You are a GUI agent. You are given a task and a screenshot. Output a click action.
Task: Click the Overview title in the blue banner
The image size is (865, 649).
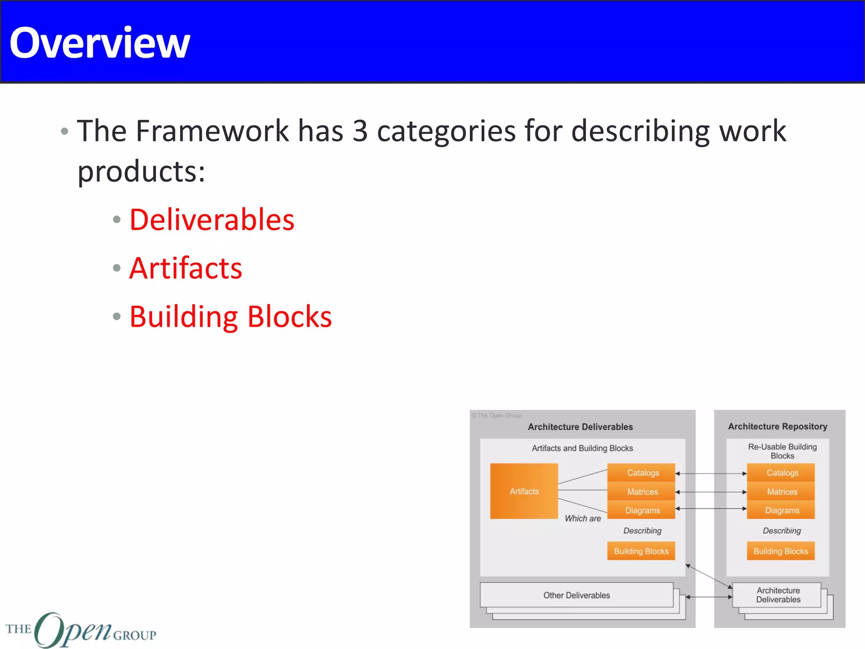click(x=100, y=43)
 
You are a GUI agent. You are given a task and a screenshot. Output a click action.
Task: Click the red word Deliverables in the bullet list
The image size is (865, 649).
click(x=212, y=220)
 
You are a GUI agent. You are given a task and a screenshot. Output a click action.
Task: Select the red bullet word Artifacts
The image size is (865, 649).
click(x=186, y=268)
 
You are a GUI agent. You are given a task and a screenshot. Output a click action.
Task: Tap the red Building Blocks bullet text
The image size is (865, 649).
click(x=231, y=317)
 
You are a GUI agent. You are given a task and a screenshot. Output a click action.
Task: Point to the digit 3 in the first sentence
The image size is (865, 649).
click(x=360, y=131)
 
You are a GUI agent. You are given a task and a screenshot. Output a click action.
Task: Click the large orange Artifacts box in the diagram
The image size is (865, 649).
click(x=524, y=491)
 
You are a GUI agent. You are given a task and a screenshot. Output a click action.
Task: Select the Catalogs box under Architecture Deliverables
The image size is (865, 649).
click(x=642, y=473)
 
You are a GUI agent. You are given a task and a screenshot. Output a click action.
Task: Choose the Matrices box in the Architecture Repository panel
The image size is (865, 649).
click(x=782, y=492)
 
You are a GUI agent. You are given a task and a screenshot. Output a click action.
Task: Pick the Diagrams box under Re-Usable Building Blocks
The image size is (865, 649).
click(x=782, y=510)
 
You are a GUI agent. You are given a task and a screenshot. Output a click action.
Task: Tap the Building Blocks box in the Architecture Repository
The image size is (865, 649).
click(x=781, y=551)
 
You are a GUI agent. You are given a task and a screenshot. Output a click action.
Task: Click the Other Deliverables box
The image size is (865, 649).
click(x=577, y=595)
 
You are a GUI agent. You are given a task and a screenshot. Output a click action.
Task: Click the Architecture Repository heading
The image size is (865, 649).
click(x=777, y=426)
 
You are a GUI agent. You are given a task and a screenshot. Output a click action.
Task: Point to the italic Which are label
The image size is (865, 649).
click(x=583, y=518)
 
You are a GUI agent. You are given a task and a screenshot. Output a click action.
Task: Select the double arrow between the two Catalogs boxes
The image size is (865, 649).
click(x=711, y=474)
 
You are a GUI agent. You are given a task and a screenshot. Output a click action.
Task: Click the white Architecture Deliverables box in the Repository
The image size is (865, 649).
click(x=778, y=595)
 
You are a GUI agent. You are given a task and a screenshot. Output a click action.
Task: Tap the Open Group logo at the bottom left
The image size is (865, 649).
click(x=80, y=630)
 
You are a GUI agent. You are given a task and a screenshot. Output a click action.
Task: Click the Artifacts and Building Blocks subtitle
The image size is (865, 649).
click(x=582, y=448)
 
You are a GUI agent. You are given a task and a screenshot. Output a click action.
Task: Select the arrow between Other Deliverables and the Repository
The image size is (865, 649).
click(x=709, y=597)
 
